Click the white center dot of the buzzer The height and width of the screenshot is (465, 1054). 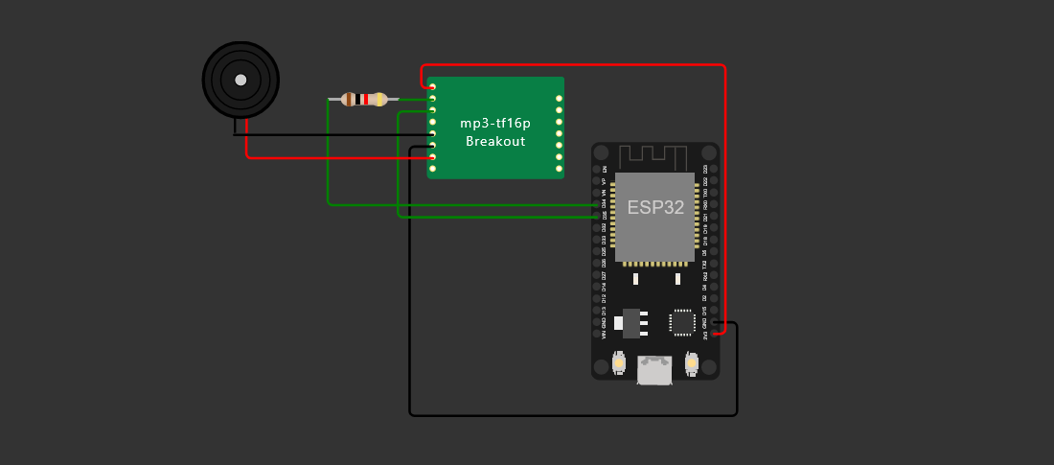tap(241, 80)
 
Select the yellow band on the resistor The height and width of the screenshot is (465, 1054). tap(380, 99)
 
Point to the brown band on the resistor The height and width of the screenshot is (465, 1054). tap(350, 99)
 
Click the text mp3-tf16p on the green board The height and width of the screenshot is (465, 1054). tap(495, 123)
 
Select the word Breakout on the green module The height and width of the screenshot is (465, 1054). tap(495, 141)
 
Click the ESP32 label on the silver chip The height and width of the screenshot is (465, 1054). tap(655, 207)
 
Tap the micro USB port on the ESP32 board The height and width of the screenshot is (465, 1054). tap(654, 370)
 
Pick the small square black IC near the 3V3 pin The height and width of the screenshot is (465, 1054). tap(682, 322)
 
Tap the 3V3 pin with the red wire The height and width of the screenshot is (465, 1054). tap(715, 336)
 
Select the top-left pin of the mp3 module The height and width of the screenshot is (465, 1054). tap(433, 87)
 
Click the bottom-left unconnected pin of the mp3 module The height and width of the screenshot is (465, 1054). tap(433, 169)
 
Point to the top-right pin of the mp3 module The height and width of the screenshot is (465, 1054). tap(559, 98)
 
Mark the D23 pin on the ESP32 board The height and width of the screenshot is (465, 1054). tap(715, 169)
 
